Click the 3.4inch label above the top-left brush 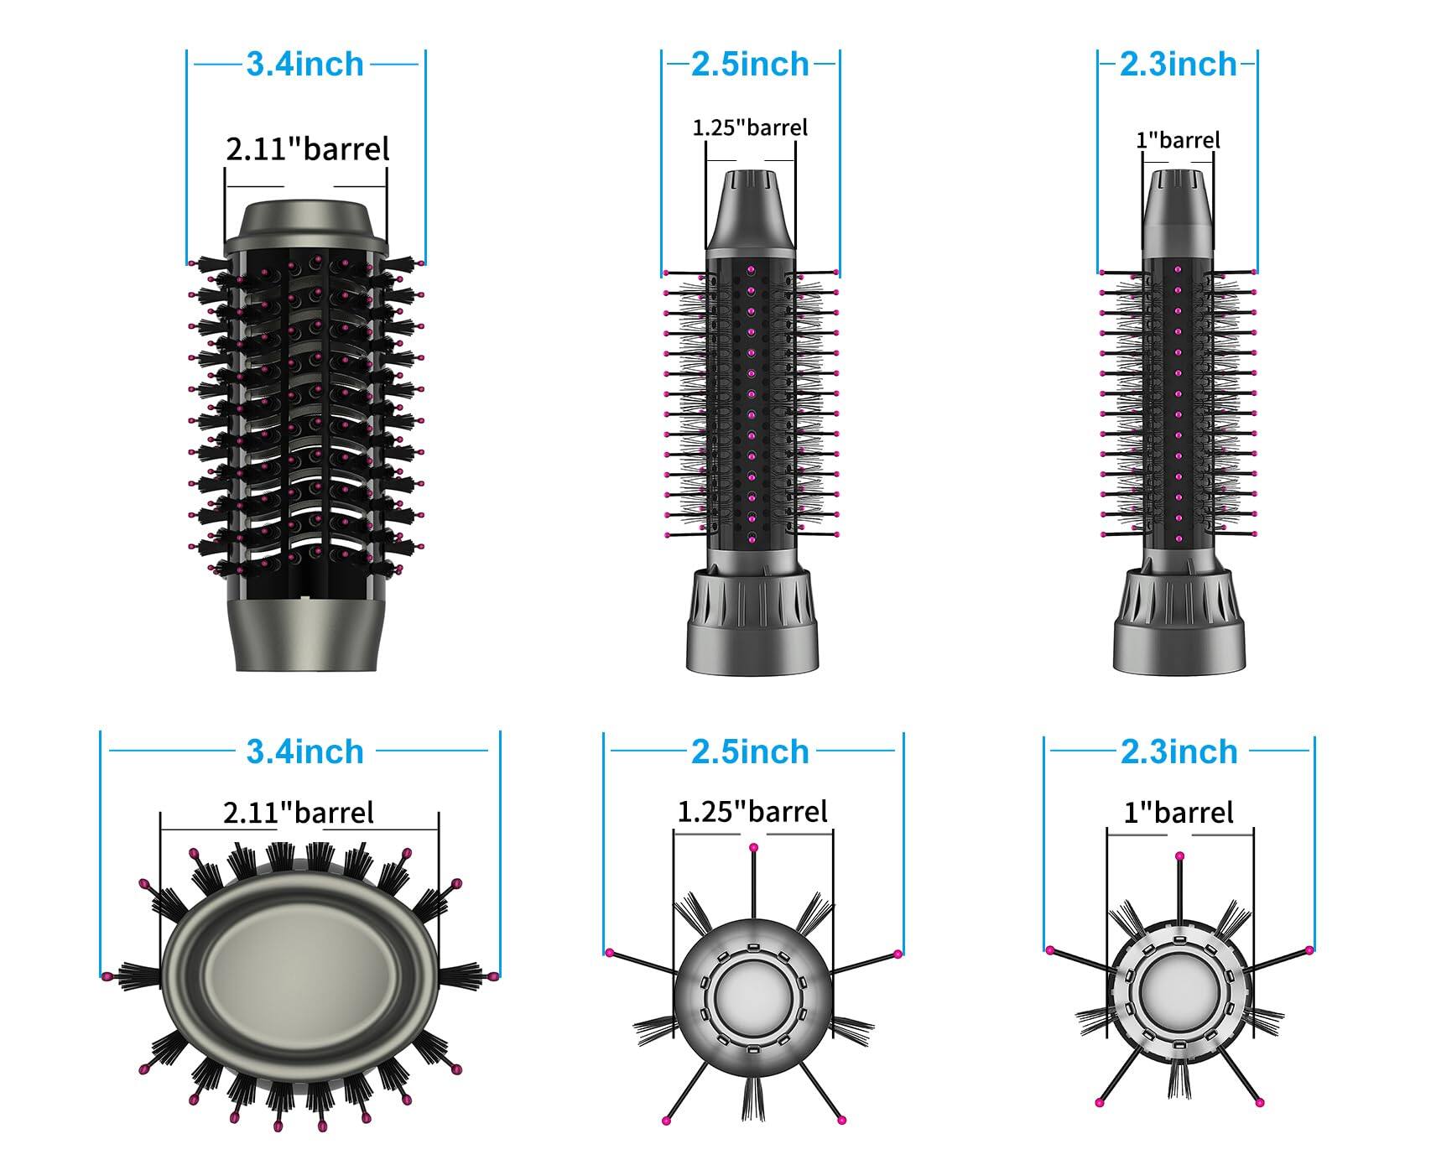pyautogui.click(x=304, y=65)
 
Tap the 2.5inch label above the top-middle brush pyautogui.click(x=750, y=65)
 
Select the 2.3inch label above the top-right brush pyautogui.click(x=1178, y=65)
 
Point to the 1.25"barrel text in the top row pyautogui.click(x=749, y=127)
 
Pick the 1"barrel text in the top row pyautogui.click(x=1178, y=139)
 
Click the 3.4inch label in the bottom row pyautogui.click(x=304, y=752)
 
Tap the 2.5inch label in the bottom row pyautogui.click(x=750, y=752)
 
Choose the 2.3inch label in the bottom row pyautogui.click(x=1179, y=752)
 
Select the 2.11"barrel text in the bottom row pyautogui.click(x=298, y=812)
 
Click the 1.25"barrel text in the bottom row pyautogui.click(x=752, y=811)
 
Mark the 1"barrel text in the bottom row pyautogui.click(x=1179, y=812)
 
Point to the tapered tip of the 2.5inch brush pyautogui.click(x=750, y=210)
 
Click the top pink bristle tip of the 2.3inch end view pyautogui.click(x=1179, y=856)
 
